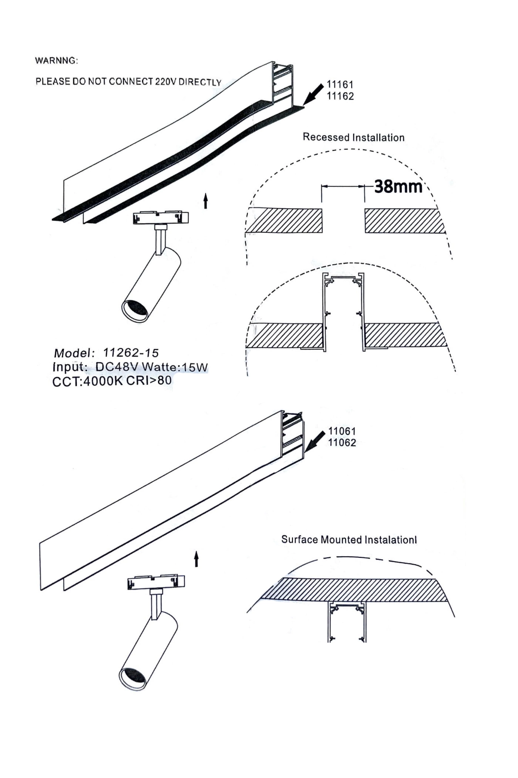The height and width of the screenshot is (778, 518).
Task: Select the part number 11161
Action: (340, 84)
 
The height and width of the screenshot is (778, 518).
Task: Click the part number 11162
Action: (340, 96)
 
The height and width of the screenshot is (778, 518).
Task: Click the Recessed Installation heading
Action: (353, 137)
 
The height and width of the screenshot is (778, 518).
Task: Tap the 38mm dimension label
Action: (398, 186)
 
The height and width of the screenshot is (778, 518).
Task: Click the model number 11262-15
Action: (131, 353)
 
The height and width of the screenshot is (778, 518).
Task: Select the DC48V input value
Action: (117, 367)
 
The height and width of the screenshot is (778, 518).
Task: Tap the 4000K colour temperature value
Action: (102, 381)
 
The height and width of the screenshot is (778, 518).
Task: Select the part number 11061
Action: (342, 431)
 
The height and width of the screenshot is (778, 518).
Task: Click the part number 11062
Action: (342, 443)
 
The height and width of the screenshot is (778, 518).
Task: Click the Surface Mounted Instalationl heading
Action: (349, 540)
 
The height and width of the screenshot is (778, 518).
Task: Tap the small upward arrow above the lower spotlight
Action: (196, 559)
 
